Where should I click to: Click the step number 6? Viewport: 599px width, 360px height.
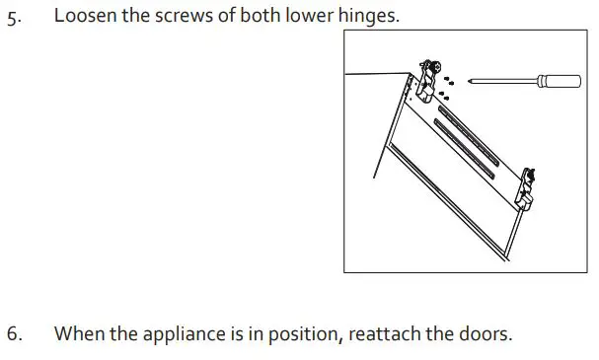[13, 333]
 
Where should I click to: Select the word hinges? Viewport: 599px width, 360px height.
[370, 17]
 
